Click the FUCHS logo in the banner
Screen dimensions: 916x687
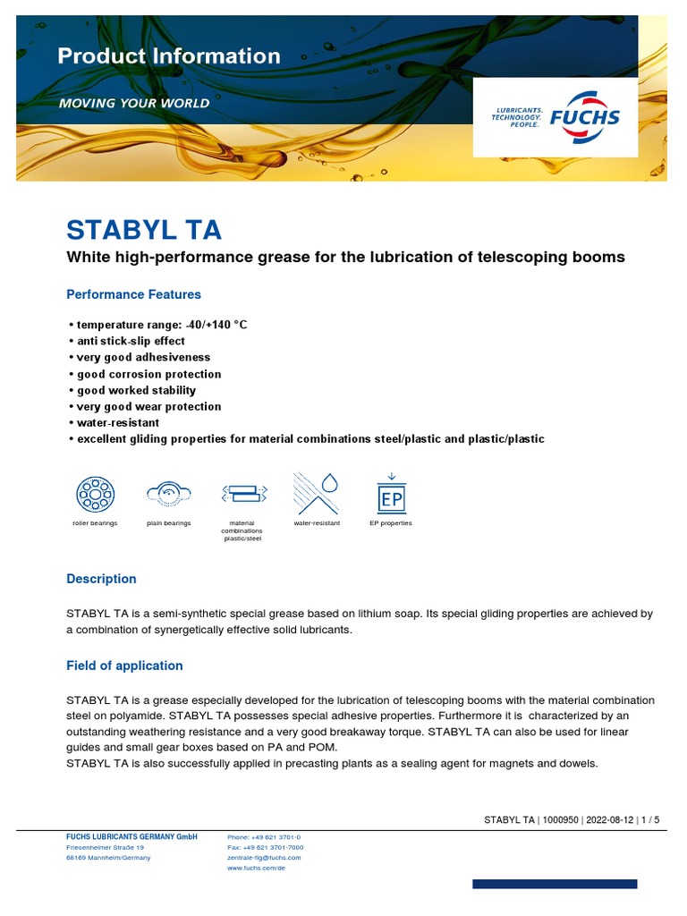pos(556,118)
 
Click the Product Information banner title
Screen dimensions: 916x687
pos(169,56)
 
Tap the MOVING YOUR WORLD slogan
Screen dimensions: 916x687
pos(134,103)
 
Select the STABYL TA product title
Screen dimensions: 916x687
pos(144,230)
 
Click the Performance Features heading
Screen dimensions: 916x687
pos(134,294)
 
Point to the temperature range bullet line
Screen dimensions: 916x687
pos(157,325)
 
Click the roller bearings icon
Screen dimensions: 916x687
pos(95,494)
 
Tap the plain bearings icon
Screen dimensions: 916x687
pos(169,493)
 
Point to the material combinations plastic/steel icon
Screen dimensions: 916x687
pos(242,493)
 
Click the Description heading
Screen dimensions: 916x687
pos(102,579)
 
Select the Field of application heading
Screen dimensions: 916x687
pos(124,666)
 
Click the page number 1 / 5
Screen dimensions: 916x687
pos(650,819)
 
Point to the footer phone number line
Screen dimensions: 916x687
pos(264,836)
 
